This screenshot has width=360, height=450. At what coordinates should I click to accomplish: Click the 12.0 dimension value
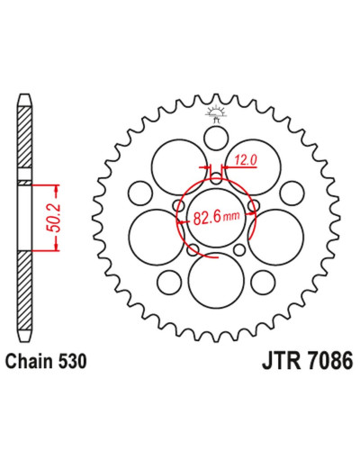[246, 160]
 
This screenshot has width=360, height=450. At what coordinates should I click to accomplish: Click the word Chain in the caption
[30, 361]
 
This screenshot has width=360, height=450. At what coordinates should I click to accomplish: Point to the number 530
[72, 361]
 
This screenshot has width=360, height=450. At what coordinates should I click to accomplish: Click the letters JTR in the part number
[281, 361]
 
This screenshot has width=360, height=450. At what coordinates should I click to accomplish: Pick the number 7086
[329, 361]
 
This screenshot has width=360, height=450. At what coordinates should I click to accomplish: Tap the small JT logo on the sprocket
[215, 114]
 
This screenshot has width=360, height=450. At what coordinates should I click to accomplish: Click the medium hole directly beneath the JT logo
[216, 138]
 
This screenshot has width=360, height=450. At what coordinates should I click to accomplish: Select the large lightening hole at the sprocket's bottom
[216, 281]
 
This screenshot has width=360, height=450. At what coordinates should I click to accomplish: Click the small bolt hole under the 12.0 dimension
[216, 178]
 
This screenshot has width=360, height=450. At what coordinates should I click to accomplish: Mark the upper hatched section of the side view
[24, 137]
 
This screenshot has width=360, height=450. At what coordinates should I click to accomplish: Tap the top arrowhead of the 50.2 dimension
[56, 190]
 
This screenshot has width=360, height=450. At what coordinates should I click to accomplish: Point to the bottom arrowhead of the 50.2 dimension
[56, 246]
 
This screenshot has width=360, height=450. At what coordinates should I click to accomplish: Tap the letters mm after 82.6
[232, 216]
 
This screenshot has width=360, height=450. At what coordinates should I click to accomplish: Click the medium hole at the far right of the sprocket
[292, 193]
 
